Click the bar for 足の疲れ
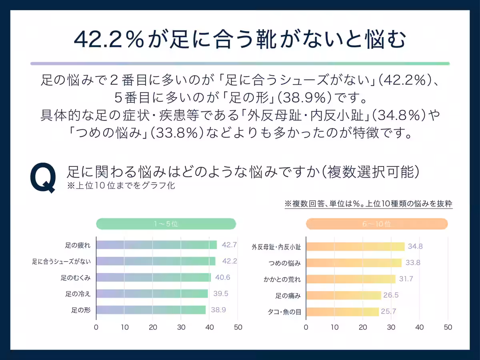pos(156,245)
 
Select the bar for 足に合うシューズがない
pos(156,261)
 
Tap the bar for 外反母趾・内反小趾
pos(355,246)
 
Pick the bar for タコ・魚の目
pos(342,312)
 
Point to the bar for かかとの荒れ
pos(351,279)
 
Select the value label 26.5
pos(391,295)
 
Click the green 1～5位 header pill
pos(166,224)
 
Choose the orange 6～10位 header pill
pos(377,224)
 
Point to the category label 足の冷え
pos(78,294)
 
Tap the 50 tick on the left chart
pos(238,327)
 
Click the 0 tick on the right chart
pos(306,327)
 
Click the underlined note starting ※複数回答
pos(368,204)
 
